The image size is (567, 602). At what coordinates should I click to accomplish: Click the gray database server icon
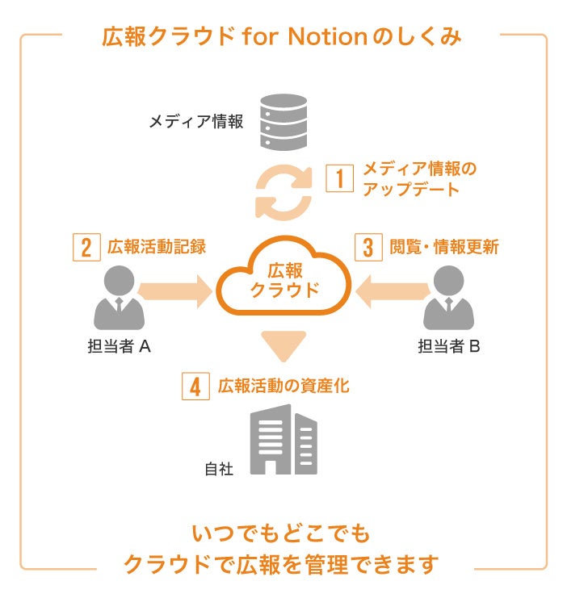pos(285,122)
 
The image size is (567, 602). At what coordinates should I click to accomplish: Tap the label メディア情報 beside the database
pos(195,122)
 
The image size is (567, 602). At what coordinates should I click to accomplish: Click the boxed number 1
pos(340,178)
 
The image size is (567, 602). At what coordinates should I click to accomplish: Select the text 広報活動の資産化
pos(283,387)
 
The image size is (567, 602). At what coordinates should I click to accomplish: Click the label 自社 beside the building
pos(219,468)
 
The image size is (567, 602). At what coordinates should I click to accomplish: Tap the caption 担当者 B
pos(449,347)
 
